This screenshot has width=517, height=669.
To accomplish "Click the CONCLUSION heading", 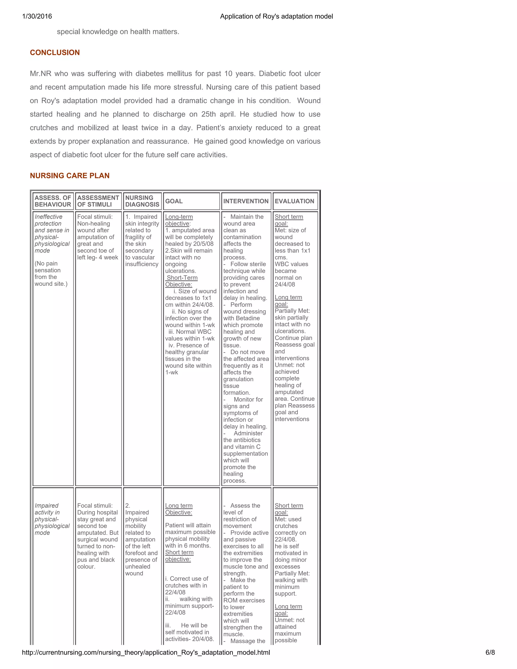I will (55, 52).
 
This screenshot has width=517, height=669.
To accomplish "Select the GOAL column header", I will (174, 201).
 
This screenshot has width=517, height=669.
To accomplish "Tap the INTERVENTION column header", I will (246, 201).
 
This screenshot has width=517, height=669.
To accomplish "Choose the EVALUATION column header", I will (294, 201).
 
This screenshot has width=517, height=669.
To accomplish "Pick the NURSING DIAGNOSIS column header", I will (142, 201).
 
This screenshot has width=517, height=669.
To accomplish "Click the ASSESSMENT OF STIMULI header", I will (98, 201).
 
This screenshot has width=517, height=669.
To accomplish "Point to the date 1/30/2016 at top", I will (37, 16).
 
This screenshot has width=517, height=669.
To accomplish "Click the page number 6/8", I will (490, 652).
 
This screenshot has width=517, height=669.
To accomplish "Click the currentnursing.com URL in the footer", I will (146, 652).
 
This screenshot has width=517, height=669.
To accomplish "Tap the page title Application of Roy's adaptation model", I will (276, 16).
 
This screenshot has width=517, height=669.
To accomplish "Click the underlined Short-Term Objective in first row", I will (182, 281).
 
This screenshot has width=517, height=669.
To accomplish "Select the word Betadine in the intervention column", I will (248, 318).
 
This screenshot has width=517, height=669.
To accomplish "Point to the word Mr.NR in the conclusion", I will (40, 73).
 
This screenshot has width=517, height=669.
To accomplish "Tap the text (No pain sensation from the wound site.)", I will (51, 274).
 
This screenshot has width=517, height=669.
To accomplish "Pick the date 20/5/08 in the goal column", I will (203, 244).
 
